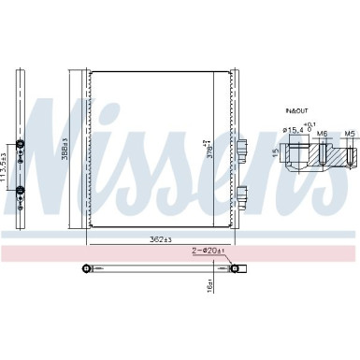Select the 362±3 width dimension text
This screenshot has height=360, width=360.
pyautogui.click(x=161, y=240)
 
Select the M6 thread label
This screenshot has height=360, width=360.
pyautogui.click(x=323, y=132)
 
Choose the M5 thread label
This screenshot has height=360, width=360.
pyautogui.click(x=349, y=132)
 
